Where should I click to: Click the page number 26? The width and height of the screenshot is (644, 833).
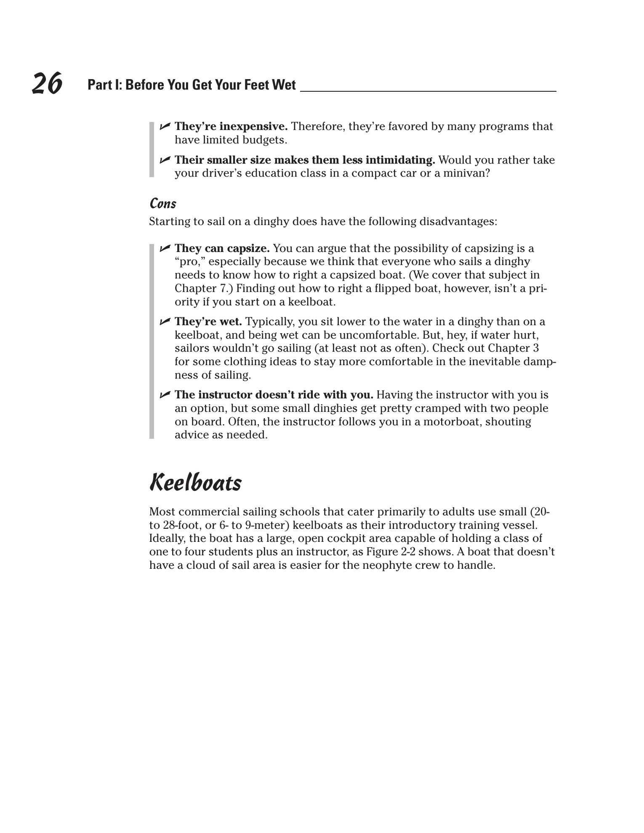(47, 83)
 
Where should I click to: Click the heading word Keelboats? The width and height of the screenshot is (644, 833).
(195, 483)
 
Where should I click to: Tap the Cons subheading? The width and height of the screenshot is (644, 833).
(163, 204)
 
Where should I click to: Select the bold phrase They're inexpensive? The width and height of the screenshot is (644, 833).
(231, 126)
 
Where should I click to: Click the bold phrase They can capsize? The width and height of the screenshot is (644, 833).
(222, 248)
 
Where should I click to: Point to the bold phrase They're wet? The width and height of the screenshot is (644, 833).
(208, 321)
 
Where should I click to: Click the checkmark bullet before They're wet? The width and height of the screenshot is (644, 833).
(165, 322)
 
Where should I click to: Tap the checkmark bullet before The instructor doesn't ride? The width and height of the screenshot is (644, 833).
(165, 395)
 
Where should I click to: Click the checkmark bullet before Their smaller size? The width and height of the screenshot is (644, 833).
(165, 160)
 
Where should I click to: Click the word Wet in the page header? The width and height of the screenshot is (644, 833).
(284, 85)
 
